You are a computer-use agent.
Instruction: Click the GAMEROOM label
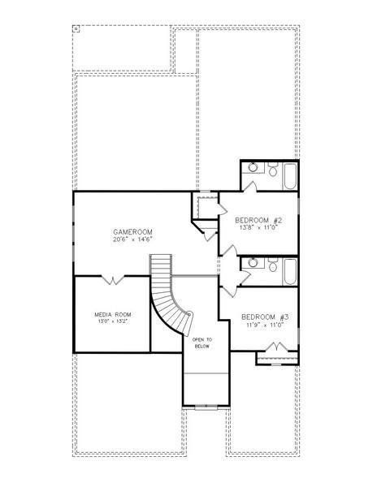(x=132, y=232)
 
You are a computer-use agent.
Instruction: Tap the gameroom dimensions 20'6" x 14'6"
(x=132, y=240)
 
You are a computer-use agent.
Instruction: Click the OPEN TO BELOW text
(x=202, y=343)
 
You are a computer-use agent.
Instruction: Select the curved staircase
(x=169, y=300)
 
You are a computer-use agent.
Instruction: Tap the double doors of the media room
(x=112, y=280)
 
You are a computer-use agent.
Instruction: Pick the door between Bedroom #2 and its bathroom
(x=252, y=187)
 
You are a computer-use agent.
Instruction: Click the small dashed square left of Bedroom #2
(x=206, y=205)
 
